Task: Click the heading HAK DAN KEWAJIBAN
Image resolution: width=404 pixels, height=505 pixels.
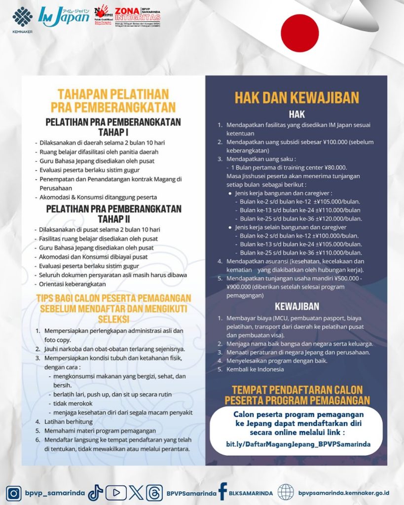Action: point(296,97)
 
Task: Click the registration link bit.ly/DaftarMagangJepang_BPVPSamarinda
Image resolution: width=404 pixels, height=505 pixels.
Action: point(298,444)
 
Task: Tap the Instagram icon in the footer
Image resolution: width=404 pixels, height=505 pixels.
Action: point(14,493)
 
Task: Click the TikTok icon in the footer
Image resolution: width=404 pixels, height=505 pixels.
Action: point(95,493)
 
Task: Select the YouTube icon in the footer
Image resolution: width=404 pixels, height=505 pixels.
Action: point(116,493)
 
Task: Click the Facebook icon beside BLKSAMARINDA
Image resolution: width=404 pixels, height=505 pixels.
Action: point(222,492)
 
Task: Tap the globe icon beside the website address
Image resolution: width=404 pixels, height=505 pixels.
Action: point(285,492)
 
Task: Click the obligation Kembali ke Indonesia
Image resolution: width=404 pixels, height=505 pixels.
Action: point(255,369)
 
